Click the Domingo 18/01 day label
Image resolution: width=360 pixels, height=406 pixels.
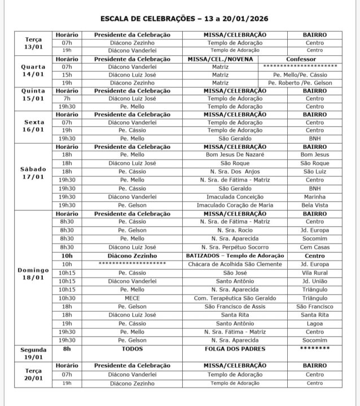pos(33,273)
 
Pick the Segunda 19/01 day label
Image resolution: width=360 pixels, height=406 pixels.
pos(33,353)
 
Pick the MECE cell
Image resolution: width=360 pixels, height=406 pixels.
pos(132,298)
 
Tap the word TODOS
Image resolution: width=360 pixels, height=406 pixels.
pos(132,350)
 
